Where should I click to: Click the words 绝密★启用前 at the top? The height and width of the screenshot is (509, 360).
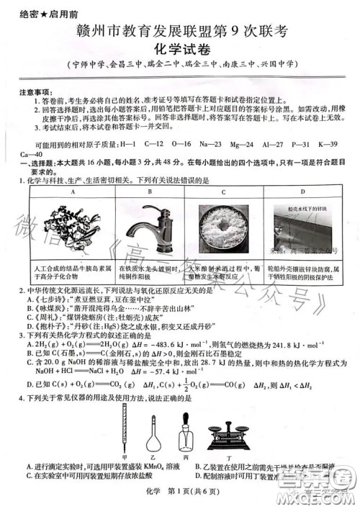37,12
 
